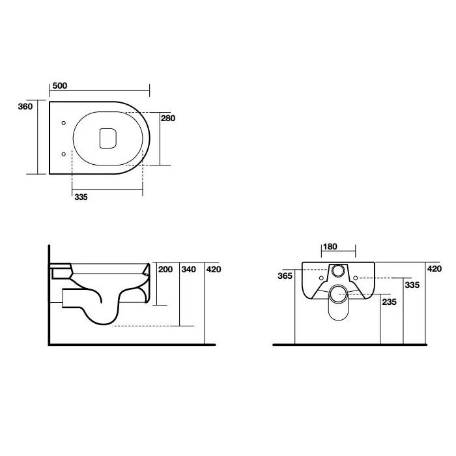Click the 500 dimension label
tap(60, 85)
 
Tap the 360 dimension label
tap(25, 106)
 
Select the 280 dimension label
tap(168, 118)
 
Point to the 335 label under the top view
tap(81, 197)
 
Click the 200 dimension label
tap(165, 269)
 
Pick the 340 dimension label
tap(189, 269)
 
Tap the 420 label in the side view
tap(214, 269)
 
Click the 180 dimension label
tap(330, 247)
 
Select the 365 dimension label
tap(285, 276)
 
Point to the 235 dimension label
tap(390, 302)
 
